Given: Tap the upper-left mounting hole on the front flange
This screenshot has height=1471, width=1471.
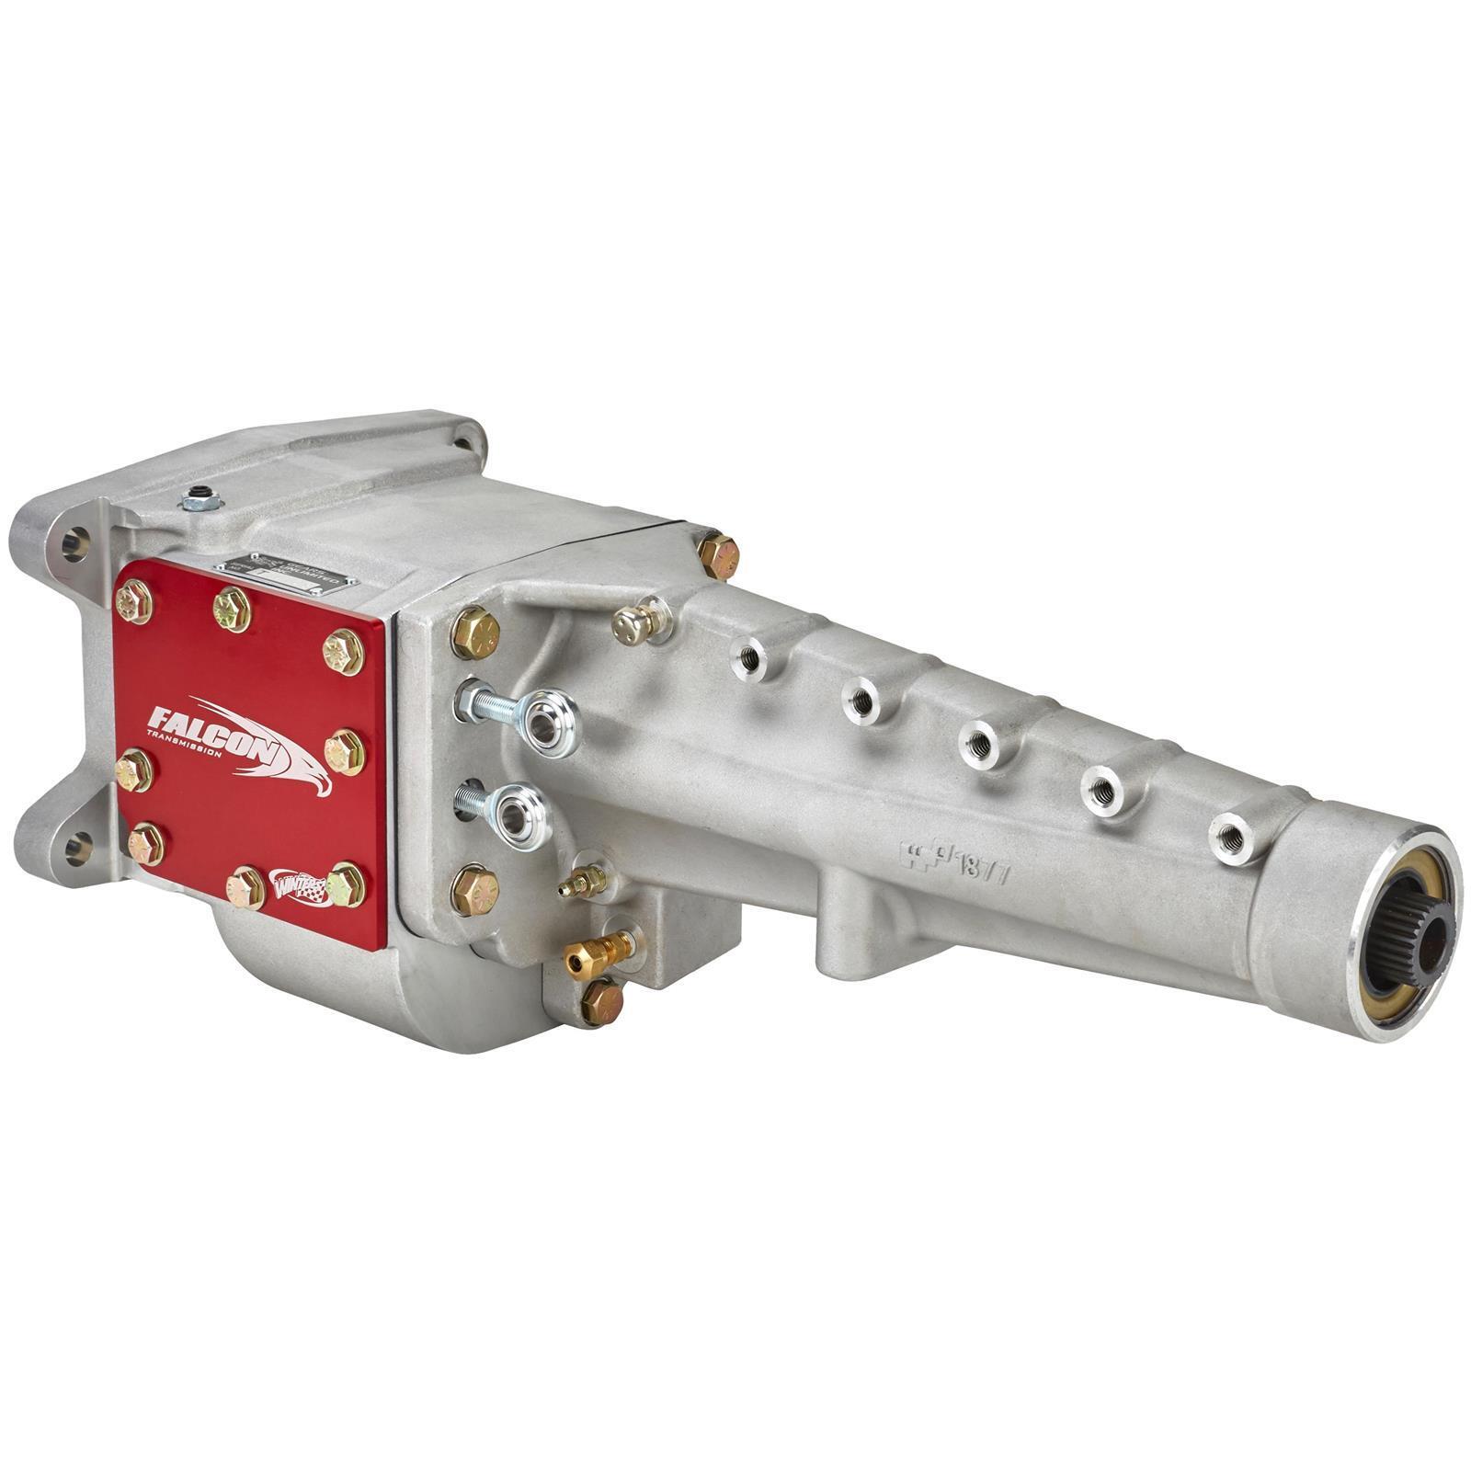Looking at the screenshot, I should [x=74, y=542].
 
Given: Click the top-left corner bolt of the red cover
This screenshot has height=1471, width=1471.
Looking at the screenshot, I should [x=134, y=602].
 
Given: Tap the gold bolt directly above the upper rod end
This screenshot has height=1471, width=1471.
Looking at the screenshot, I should [x=475, y=633].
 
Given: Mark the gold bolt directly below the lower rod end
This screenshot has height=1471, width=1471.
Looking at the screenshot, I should [x=474, y=891].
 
